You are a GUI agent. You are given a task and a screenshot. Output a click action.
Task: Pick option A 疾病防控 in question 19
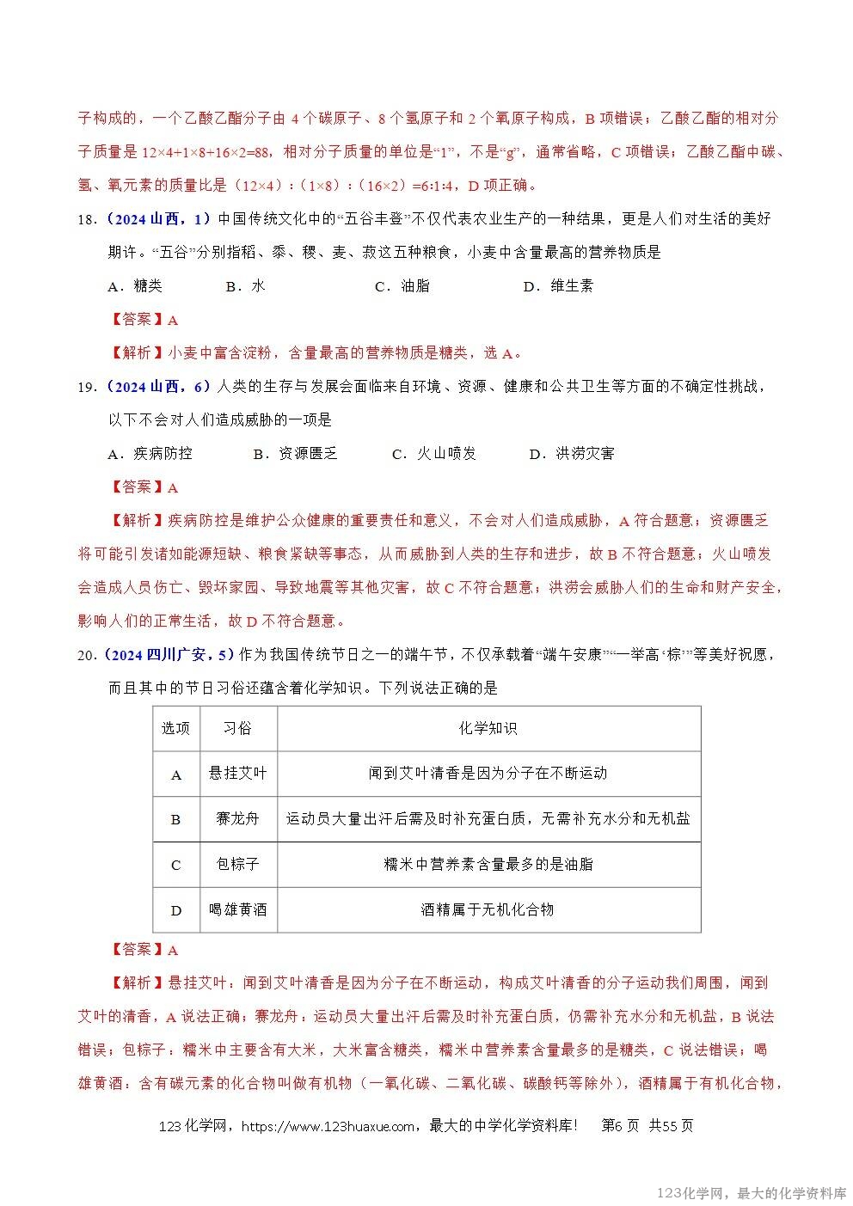tap(150, 454)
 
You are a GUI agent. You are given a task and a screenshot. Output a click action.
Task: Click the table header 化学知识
tap(488, 729)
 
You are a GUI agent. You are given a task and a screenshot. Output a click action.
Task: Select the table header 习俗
tap(237, 729)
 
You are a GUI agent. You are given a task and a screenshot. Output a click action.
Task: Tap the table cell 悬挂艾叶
tap(237, 774)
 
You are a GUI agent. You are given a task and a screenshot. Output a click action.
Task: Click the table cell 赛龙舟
tap(237, 819)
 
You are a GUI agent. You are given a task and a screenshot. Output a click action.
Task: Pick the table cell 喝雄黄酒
tap(237, 909)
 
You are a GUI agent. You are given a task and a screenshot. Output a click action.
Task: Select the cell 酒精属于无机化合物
tap(488, 909)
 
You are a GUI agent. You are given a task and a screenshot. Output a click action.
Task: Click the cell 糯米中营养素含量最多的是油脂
tap(488, 864)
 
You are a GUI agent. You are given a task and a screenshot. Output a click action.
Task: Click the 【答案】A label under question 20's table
tap(144, 950)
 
